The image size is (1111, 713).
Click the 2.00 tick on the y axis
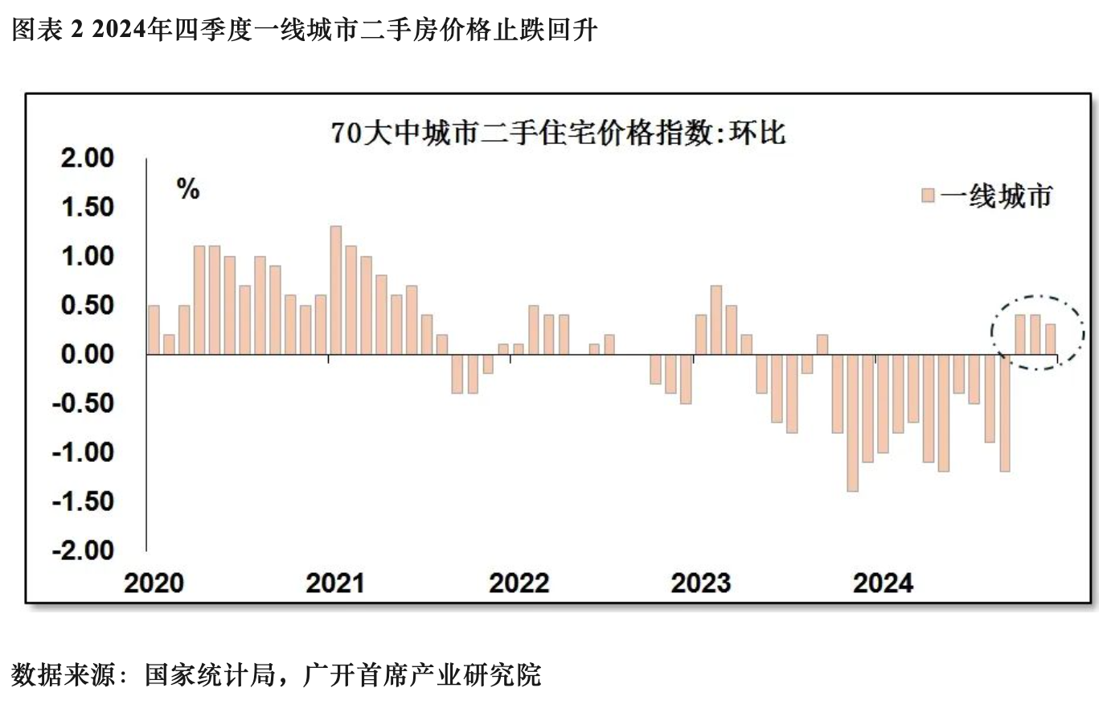88,158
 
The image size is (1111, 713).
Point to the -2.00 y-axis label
84,550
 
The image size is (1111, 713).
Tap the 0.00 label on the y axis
88,354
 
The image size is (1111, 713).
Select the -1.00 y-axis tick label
84,452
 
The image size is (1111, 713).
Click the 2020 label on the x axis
154,583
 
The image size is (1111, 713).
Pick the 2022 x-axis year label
519,583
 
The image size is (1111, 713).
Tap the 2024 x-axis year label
883,583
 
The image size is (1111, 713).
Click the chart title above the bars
557,133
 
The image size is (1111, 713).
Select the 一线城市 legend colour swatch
928,196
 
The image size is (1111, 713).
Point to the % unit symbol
188,190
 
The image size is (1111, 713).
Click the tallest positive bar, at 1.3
336,290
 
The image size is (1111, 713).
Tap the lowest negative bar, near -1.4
852,422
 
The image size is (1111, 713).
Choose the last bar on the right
1050,339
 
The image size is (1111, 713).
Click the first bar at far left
154,330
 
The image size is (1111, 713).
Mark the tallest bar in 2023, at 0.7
715,319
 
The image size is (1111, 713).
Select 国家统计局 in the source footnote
210,674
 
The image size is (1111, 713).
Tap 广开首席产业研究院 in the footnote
422,674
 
